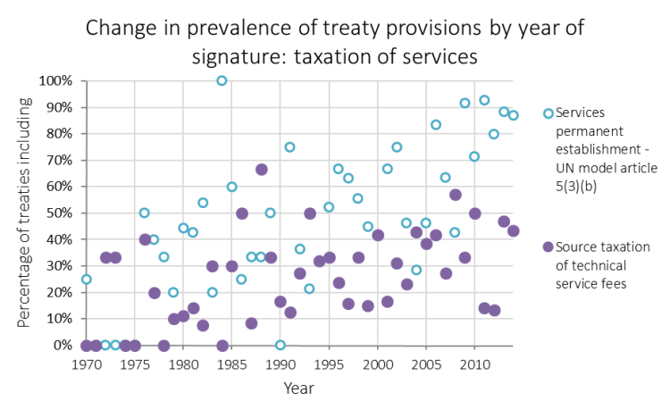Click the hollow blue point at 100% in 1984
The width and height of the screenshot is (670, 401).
pos(222,80)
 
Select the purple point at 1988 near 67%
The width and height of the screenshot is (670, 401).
pos(261,170)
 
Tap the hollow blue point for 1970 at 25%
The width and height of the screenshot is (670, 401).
pos(86,280)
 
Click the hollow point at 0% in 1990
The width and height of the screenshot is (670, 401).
pos(281,345)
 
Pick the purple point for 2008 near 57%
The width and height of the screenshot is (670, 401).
pos(456,195)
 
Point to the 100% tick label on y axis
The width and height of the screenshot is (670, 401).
pos(55,81)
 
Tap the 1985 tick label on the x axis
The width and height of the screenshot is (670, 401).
pos(232,364)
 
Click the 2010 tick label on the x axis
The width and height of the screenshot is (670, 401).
pos(474,364)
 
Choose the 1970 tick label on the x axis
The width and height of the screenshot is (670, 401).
pos(87,364)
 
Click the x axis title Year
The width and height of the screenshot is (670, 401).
pos(298,388)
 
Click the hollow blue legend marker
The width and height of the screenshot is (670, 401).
pos(549,113)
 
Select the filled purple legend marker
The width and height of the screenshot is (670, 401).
pos(549,247)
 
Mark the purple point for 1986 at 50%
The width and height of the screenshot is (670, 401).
pos(242,213)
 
